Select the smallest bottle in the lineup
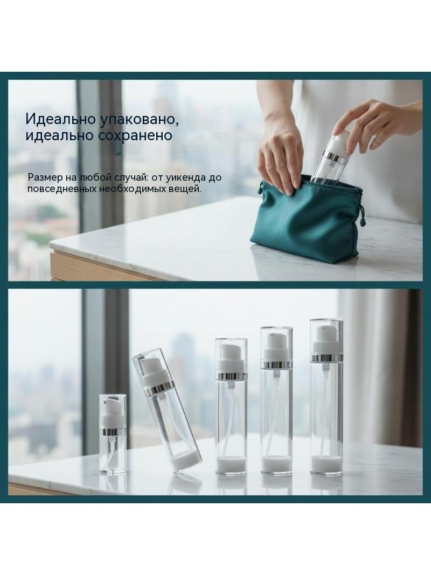[x=113, y=433]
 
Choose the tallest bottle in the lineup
[x=326, y=397]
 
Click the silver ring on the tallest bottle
[x=326, y=357]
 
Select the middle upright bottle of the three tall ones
[x=276, y=399]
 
